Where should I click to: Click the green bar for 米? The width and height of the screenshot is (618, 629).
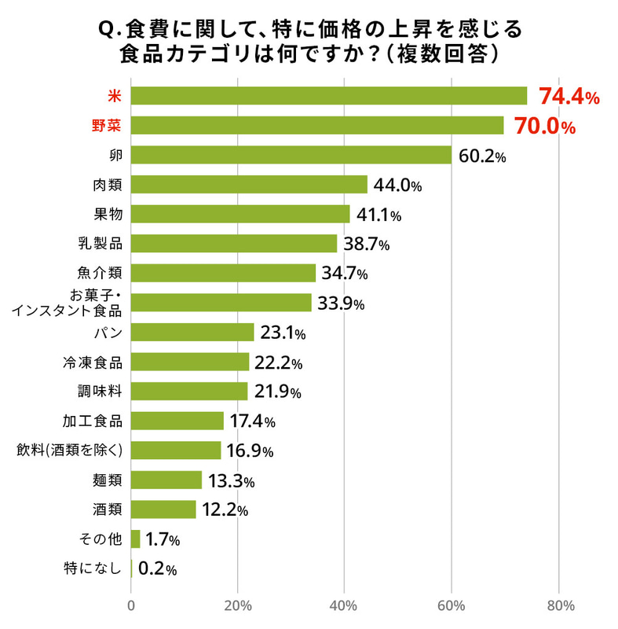click(328, 96)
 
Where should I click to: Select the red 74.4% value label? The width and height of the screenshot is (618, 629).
click(569, 97)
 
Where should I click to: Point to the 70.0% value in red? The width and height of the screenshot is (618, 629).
click(545, 127)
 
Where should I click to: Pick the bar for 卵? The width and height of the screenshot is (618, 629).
click(291, 155)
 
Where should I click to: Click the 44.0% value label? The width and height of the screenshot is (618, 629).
click(397, 186)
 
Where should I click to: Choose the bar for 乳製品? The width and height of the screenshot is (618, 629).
click(233, 244)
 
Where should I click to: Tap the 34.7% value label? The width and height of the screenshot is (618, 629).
click(345, 274)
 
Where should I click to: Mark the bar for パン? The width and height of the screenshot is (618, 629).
click(192, 333)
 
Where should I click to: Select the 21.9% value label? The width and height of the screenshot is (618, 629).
click(276, 392)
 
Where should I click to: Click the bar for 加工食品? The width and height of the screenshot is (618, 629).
click(177, 421)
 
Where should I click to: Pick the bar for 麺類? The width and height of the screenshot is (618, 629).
click(166, 480)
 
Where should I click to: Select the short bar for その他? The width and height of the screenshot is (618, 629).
click(135, 539)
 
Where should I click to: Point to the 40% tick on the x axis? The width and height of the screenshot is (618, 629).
click(344, 605)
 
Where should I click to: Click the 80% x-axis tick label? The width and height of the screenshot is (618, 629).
click(558, 605)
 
